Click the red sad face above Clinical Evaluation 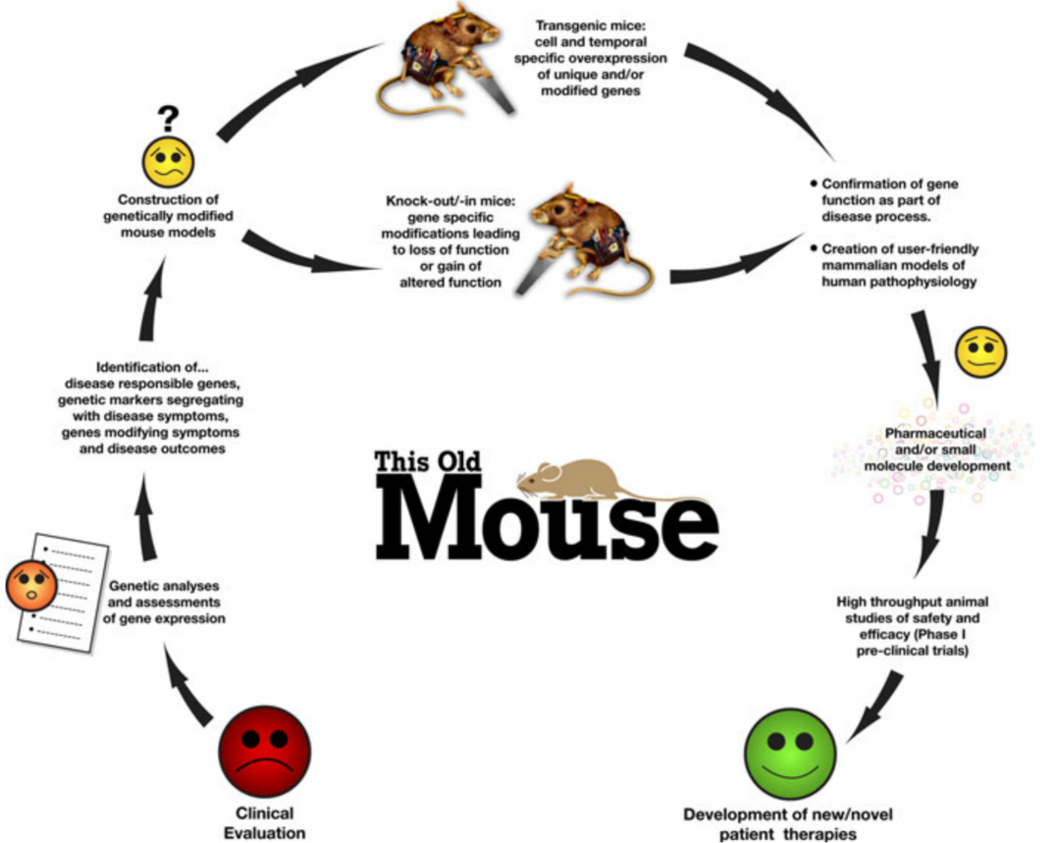[x=264, y=752]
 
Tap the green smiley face [x=789, y=757]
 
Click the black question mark [x=168, y=119]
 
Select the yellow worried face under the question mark [x=169, y=162]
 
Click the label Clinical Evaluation [x=265, y=822]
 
